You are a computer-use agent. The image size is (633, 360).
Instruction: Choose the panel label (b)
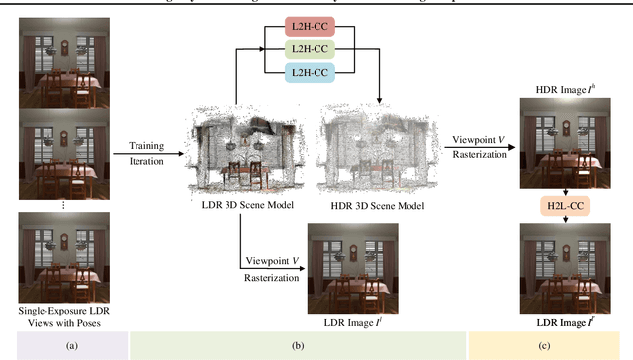tap(297, 345)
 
